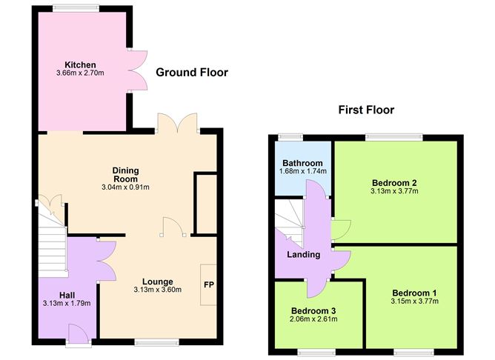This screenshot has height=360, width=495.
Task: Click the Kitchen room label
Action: (80, 65)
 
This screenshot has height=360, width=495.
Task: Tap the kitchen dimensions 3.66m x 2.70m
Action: (80, 73)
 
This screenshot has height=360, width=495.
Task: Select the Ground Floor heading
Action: (192, 73)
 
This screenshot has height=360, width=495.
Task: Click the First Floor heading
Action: (366, 110)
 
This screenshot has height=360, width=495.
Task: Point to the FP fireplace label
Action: (209, 285)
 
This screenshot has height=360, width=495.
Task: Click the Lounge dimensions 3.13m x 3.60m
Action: (158, 290)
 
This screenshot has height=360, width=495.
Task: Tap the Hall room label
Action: (67, 296)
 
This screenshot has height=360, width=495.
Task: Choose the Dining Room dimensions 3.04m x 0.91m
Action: (126, 187)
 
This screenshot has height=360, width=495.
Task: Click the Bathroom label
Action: (303, 163)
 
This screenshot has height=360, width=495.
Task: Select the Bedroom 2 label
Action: (394, 183)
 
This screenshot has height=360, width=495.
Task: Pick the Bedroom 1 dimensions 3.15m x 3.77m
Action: (414, 301)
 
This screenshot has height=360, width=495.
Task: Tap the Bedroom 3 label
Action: (313, 311)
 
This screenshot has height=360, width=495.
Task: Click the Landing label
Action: (303, 255)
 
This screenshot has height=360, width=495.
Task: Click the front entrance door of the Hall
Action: (78, 335)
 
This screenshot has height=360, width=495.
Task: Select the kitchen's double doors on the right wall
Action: (137, 70)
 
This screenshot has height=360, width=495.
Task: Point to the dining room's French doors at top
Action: (178, 123)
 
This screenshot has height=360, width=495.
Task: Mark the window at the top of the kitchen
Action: (76, 8)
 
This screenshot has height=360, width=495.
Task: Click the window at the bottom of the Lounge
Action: (157, 342)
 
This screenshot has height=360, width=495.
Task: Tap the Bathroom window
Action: (290, 137)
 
